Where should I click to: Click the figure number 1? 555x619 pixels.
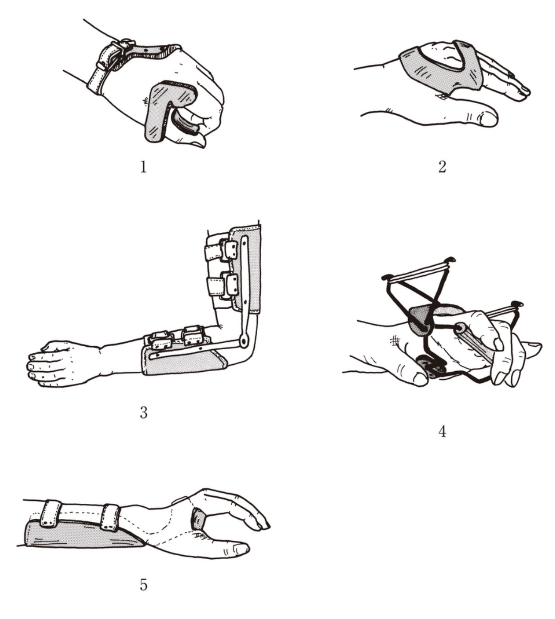[143, 167]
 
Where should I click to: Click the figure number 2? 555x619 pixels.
[442, 167]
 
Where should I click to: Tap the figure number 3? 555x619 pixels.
[143, 413]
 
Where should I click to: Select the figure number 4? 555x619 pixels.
[442, 431]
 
